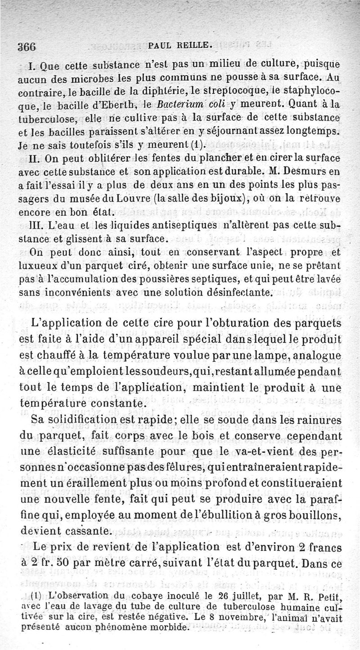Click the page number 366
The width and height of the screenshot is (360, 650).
(27, 46)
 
